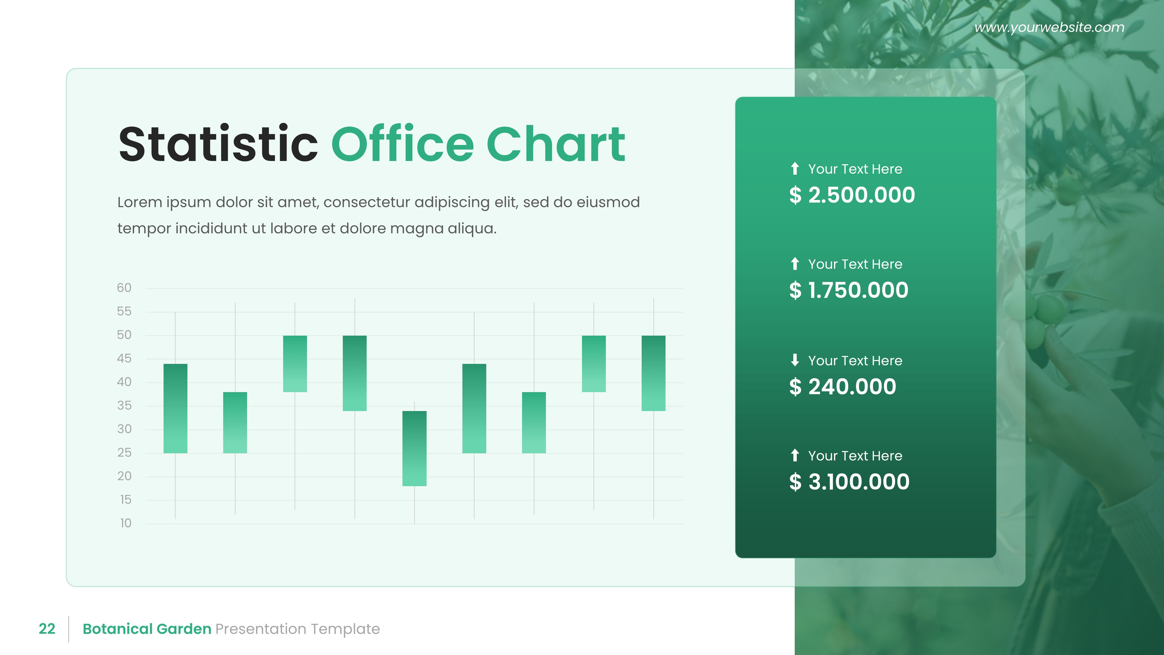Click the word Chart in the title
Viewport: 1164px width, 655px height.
coord(556,144)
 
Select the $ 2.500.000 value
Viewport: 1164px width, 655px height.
coord(852,195)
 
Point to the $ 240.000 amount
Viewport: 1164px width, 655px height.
coord(842,387)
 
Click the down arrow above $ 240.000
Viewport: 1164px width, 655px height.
coord(795,360)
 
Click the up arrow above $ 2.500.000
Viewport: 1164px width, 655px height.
coord(795,169)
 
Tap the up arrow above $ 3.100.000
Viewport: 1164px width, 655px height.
coord(795,455)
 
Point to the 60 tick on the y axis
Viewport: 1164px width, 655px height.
coord(124,288)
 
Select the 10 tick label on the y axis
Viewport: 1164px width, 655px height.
coord(125,523)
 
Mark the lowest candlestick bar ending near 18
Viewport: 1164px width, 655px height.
coord(414,448)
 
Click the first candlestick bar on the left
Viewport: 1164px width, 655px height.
coord(175,408)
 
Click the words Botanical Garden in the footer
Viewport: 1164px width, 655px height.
coord(147,629)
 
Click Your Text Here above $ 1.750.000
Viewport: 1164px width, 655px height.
coord(855,264)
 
